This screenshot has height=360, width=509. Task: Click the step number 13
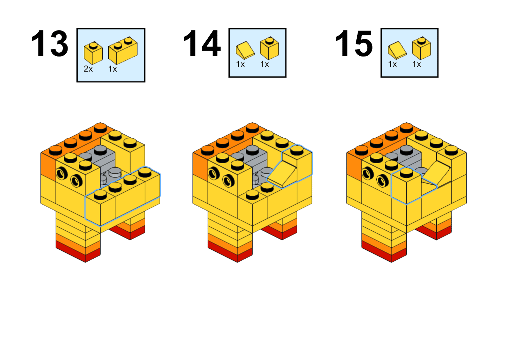coord(50,44)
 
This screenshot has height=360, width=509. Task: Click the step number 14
coord(202,44)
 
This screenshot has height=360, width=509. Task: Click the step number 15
coord(354,44)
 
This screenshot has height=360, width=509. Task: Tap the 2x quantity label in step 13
coord(88,69)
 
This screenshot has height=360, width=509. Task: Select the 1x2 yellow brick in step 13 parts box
coord(123,51)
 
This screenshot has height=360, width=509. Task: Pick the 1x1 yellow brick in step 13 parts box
coord(93,53)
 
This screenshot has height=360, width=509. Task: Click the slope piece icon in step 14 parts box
coord(245,50)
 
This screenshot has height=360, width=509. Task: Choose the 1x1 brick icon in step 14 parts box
coord(269,48)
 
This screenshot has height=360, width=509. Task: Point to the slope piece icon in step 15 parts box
coord(397,50)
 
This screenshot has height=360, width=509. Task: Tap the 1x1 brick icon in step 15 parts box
coord(421,48)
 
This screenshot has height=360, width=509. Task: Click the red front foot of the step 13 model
coord(78,252)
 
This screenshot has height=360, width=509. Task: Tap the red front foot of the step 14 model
coord(230,252)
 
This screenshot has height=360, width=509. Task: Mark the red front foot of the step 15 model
coord(384,252)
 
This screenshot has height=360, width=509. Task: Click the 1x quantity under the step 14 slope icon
coord(240,64)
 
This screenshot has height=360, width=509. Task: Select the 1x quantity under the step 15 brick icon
coord(417,64)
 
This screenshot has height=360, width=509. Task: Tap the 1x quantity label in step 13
coord(113,69)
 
